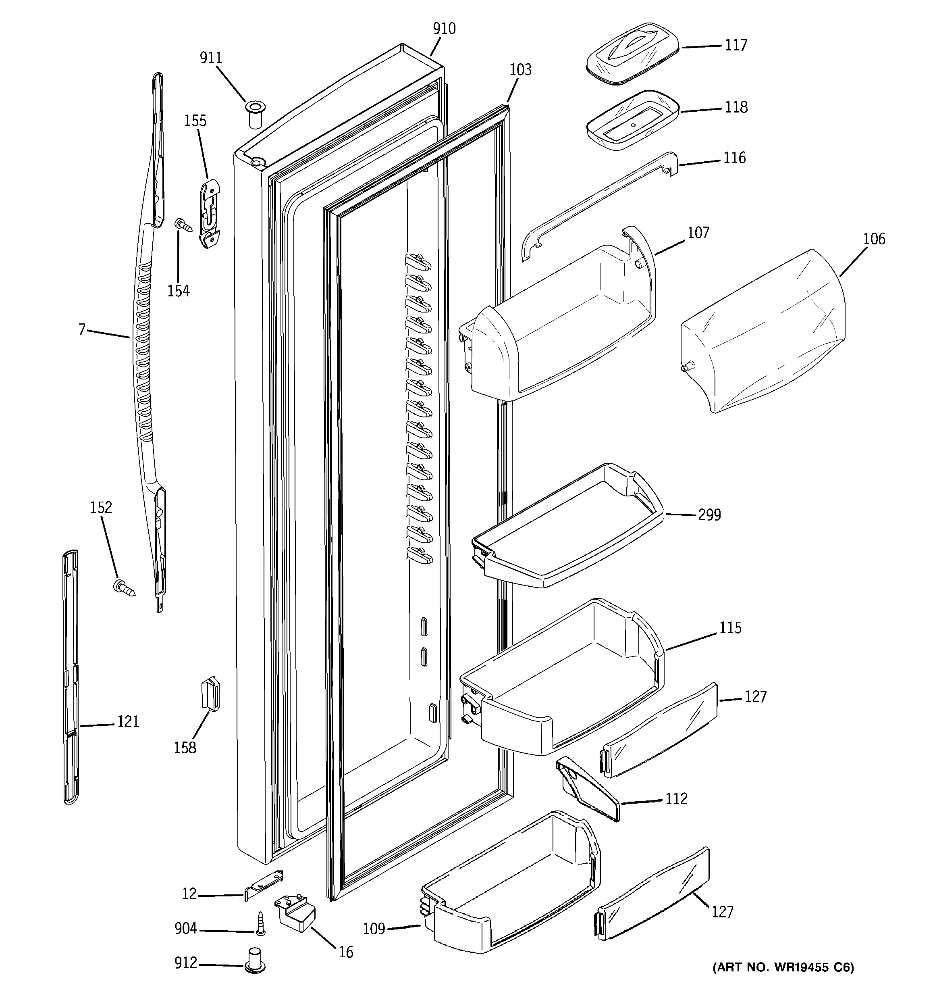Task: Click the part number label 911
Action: pos(211,58)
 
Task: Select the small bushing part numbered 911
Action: pos(254,115)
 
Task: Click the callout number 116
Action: pos(734,158)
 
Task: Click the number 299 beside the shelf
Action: pos(709,515)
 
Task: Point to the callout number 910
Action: pos(444,29)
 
